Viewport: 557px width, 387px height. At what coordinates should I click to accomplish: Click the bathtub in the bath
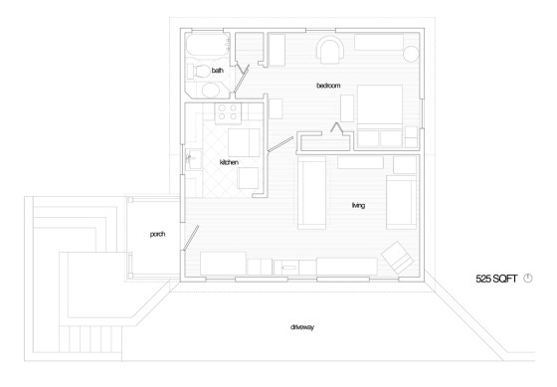click(x=207, y=45)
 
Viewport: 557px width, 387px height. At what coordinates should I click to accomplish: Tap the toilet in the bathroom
click(x=199, y=71)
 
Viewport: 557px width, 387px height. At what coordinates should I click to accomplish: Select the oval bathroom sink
click(x=211, y=90)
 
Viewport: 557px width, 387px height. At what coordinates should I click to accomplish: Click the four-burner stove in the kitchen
click(x=228, y=112)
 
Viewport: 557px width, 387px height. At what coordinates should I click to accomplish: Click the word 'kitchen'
click(x=229, y=162)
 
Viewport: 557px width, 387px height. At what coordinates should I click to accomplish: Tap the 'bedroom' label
click(x=328, y=86)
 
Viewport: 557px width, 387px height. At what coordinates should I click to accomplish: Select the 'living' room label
click(x=358, y=205)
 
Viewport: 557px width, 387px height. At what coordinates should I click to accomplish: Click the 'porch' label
click(x=157, y=234)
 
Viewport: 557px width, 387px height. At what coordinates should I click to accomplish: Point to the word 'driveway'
click(x=302, y=327)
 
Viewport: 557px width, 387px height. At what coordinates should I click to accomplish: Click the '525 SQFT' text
click(x=496, y=279)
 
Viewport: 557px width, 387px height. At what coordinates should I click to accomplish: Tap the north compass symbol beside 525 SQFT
click(x=528, y=279)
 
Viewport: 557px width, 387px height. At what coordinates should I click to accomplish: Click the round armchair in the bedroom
click(x=332, y=50)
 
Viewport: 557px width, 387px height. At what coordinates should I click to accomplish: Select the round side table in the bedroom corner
click(x=412, y=54)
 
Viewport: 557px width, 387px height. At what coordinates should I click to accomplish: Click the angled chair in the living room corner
click(x=398, y=258)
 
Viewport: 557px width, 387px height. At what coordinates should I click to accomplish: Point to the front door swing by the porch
click(x=191, y=238)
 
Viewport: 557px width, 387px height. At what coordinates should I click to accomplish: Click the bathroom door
click(x=241, y=79)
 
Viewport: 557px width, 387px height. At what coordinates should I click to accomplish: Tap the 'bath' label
click(x=218, y=71)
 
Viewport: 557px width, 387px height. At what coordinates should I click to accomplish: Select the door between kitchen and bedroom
click(x=280, y=144)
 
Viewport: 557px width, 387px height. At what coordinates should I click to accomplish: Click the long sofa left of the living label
click(x=312, y=193)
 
